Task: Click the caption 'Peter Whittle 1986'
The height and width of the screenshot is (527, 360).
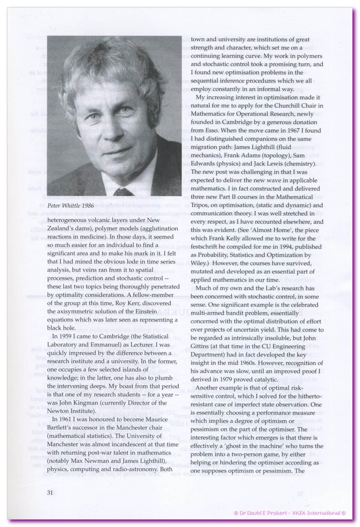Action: (70, 206)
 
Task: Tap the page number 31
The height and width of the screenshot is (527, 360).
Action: (50, 493)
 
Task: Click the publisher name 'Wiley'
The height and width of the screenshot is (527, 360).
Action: (198, 263)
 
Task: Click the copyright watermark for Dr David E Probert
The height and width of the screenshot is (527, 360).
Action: (290, 513)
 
